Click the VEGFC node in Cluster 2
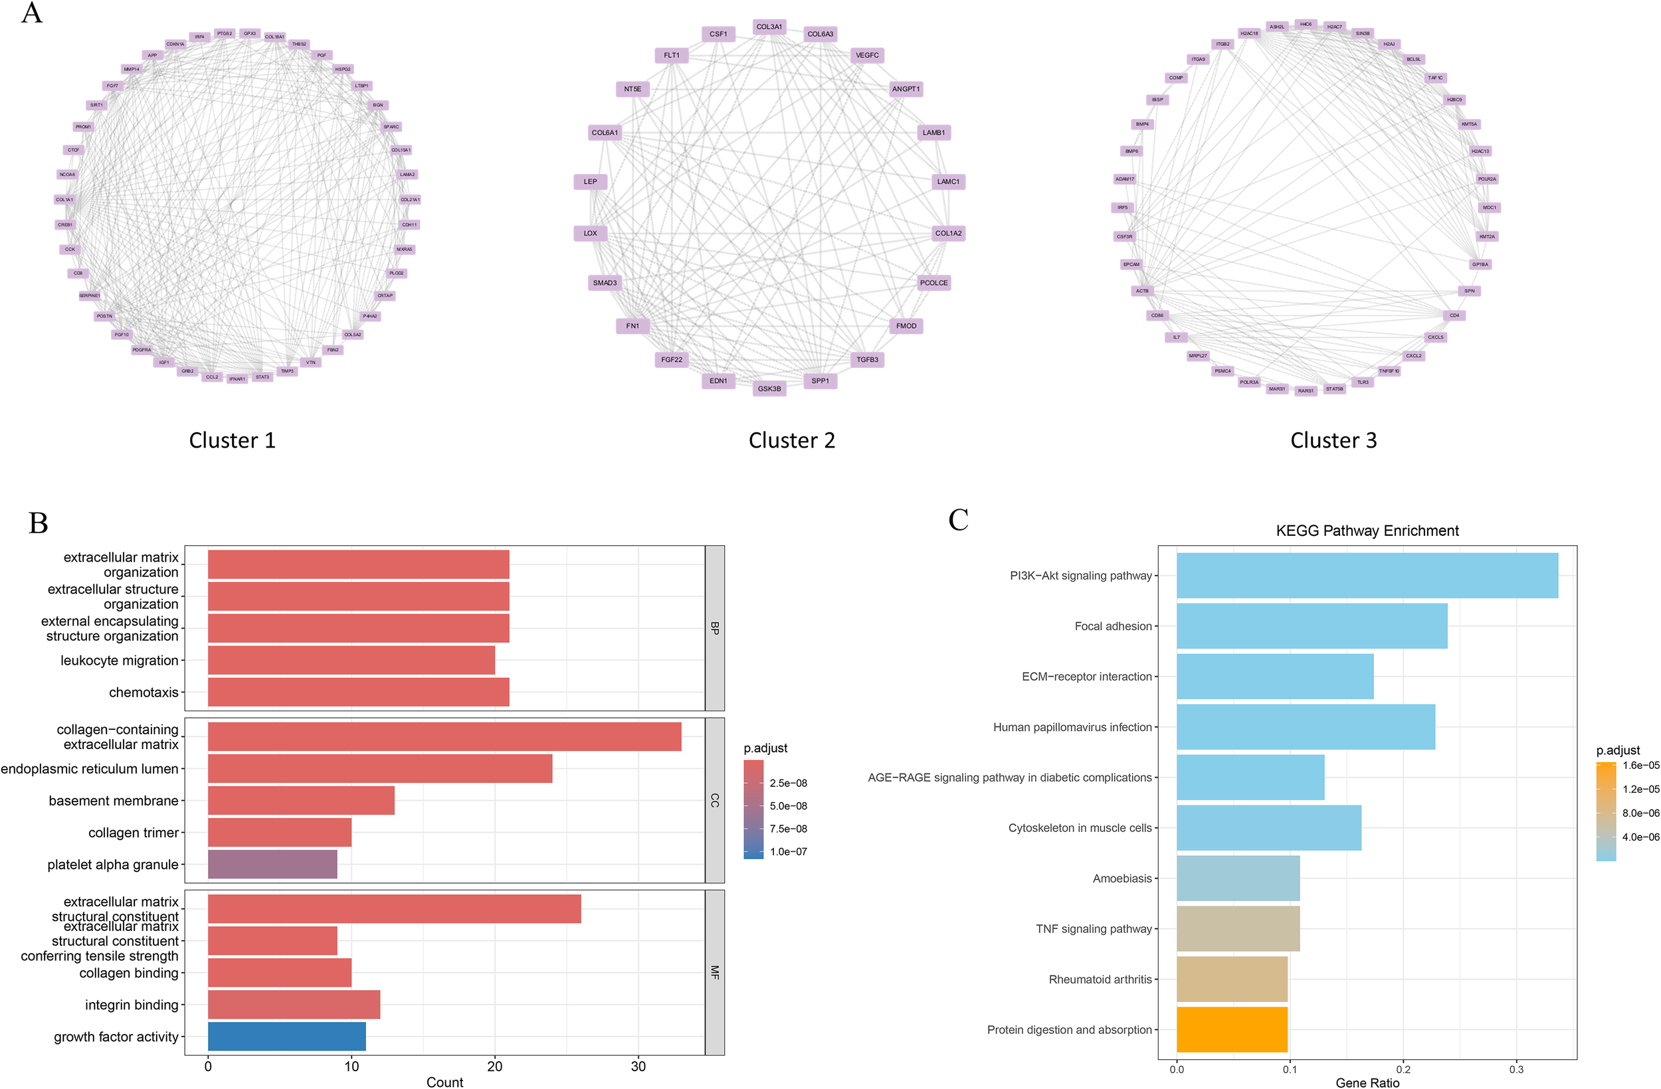pyautogui.click(x=867, y=55)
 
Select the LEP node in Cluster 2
pyautogui.click(x=591, y=181)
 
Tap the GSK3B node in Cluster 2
pyautogui.click(x=769, y=388)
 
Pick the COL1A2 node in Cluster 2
pyautogui.click(x=947, y=233)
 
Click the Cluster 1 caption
pyautogui.click(x=233, y=440)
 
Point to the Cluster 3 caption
pyautogui.click(x=1333, y=440)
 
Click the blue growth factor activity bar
pyautogui.click(x=287, y=1036)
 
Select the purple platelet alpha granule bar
pyautogui.click(x=272, y=864)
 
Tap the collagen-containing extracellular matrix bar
pyautogui.click(x=444, y=736)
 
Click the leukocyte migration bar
pyautogui.click(x=351, y=660)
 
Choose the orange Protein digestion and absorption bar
pyautogui.click(x=1232, y=1029)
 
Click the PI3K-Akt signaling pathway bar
pyautogui.click(x=1367, y=576)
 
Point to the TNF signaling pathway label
pyautogui.click(x=1093, y=928)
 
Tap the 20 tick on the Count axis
pyautogui.click(x=495, y=1066)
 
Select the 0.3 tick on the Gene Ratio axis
pyautogui.click(x=1516, y=1069)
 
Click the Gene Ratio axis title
pyautogui.click(x=1367, y=1082)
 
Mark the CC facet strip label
pyautogui.click(x=714, y=800)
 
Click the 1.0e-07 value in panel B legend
pyautogui.click(x=788, y=851)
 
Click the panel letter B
pyautogui.click(x=39, y=523)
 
